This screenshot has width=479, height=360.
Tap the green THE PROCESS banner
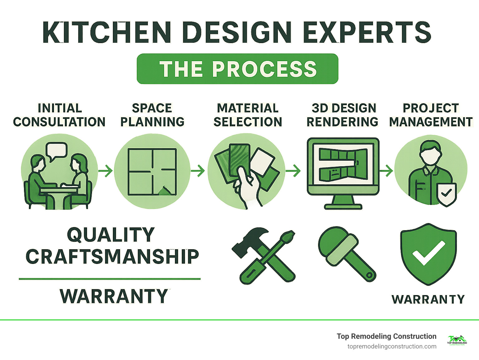(x=238, y=69)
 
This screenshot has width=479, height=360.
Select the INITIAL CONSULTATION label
(x=59, y=115)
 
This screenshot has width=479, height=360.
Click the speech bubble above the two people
(x=56, y=150)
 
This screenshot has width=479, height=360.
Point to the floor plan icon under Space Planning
(x=152, y=172)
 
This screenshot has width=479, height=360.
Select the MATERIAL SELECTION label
(x=248, y=115)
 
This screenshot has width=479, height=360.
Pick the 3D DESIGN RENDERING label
(x=342, y=115)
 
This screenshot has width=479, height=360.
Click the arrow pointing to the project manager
(x=386, y=171)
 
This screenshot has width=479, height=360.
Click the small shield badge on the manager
(x=447, y=193)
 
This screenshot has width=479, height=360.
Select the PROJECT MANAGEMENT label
(x=431, y=115)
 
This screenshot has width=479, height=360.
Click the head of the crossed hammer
(x=249, y=239)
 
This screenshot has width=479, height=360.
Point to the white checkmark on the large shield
(x=428, y=252)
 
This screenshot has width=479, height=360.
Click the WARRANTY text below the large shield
(x=428, y=299)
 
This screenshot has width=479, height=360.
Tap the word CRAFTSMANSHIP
(x=112, y=257)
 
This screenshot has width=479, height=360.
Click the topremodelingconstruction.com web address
(x=392, y=346)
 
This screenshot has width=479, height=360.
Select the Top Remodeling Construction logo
(x=457, y=340)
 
